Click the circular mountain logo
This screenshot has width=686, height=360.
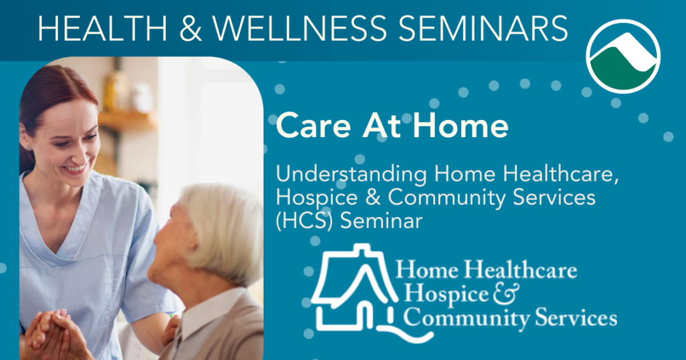(623, 56)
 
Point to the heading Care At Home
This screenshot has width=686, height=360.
(392, 126)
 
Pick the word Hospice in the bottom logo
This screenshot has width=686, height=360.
(441, 294)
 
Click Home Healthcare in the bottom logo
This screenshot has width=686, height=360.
(487, 270)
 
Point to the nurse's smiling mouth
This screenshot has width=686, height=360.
(75, 169)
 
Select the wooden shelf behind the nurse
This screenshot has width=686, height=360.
(127, 121)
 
